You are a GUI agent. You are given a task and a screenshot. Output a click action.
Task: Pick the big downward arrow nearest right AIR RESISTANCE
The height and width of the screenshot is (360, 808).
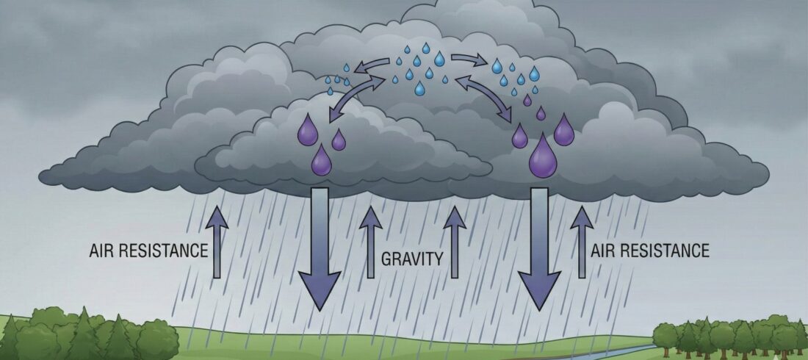click(540, 245)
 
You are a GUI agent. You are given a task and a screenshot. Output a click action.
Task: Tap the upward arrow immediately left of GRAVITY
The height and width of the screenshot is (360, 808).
click(370, 242)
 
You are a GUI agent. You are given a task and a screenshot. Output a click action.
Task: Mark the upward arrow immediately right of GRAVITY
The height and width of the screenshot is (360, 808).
click(455, 242)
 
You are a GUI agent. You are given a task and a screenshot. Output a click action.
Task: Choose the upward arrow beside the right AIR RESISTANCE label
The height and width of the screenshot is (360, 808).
click(582, 242)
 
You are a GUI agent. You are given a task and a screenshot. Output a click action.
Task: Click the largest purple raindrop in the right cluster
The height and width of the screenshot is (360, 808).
click(544, 156)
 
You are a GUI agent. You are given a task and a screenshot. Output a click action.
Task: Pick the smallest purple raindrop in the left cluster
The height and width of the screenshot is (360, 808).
click(339, 140)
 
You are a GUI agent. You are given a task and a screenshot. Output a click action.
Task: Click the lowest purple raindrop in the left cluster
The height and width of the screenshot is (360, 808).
click(321, 161)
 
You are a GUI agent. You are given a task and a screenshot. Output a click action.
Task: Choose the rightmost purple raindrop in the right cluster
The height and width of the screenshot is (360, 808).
click(564, 131)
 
